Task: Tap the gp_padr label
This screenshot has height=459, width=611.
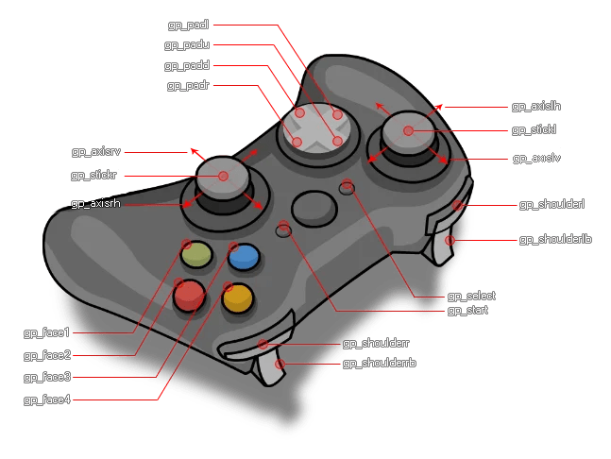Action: [x=188, y=86]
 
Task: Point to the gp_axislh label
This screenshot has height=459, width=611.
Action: [x=535, y=107]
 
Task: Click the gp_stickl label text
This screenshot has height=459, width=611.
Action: [x=534, y=129]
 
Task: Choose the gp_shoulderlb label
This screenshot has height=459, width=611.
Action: [x=555, y=240]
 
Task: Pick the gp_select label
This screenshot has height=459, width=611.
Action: [x=471, y=296]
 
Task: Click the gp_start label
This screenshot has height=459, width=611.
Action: [x=467, y=310]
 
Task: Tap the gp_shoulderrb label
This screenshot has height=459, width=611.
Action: [x=379, y=363]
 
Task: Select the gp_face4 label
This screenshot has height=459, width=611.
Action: [x=47, y=399]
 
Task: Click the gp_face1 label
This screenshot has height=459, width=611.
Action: [x=47, y=332]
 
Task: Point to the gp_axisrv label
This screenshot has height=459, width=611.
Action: [x=95, y=151]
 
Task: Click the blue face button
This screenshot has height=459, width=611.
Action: [x=244, y=257]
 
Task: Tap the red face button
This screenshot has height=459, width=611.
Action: [x=189, y=296]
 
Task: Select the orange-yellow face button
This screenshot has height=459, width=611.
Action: [x=237, y=298]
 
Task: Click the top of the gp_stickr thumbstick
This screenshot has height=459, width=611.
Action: [x=223, y=175]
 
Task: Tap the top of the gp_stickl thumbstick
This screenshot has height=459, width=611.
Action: [x=409, y=129]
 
